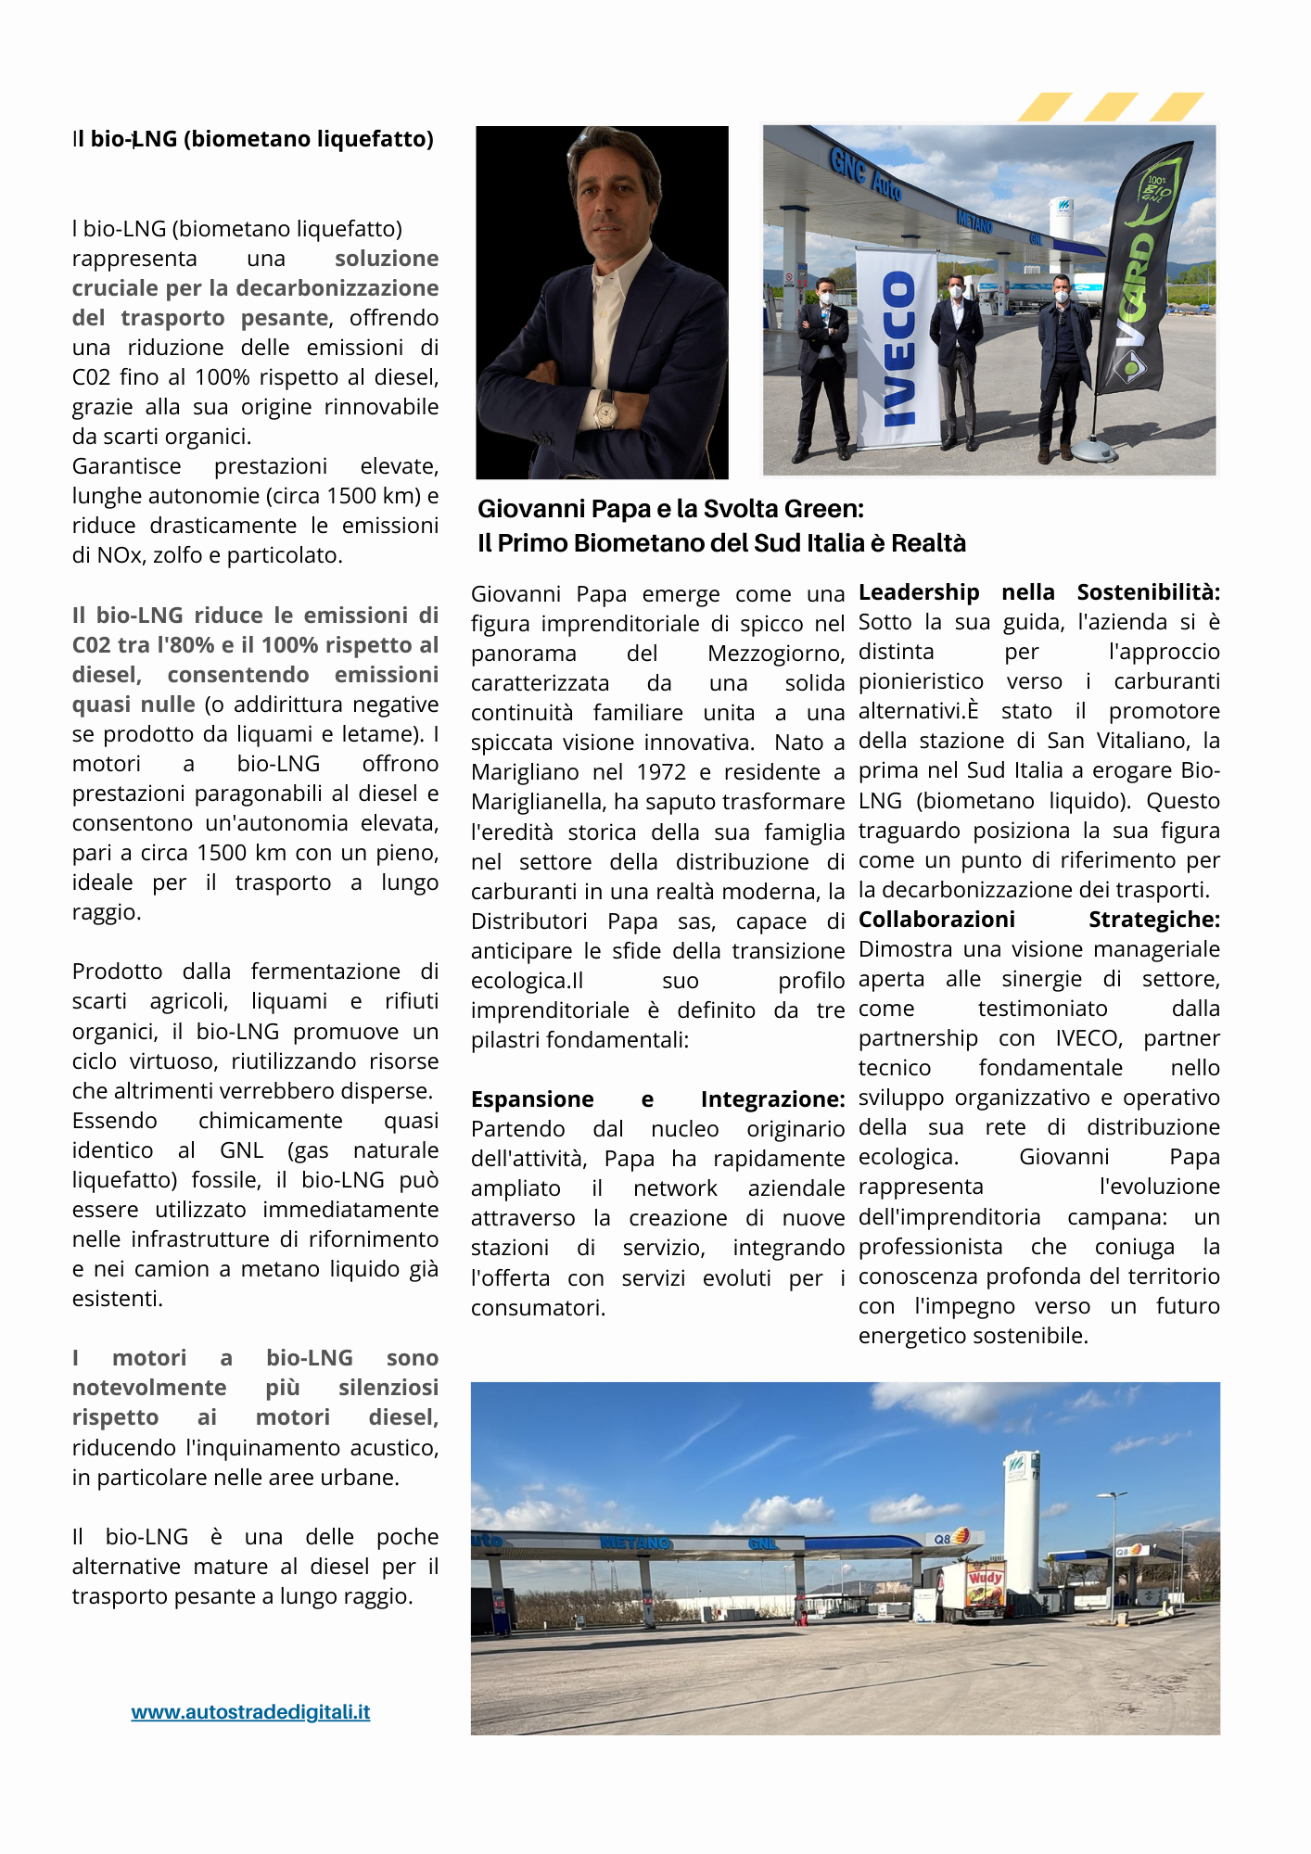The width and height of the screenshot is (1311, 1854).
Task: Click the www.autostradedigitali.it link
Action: [250, 1712]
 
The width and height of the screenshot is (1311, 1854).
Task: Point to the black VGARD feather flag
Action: [1145, 269]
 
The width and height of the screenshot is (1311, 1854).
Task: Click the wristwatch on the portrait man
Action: [606, 409]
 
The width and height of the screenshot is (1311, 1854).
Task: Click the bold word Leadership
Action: [919, 592]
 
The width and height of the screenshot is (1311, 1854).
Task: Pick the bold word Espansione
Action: [532, 1099]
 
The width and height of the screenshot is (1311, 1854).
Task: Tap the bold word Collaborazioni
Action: [936, 920]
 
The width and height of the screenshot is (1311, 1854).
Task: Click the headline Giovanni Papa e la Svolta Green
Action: [670, 509]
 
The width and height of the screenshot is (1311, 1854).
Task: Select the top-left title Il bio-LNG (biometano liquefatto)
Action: [253, 139]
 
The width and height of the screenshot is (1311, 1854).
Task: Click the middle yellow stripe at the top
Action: [1111, 107]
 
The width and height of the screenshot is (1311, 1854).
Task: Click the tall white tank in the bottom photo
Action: [1021, 1520]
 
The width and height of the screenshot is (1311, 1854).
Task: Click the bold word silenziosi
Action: [388, 1388]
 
